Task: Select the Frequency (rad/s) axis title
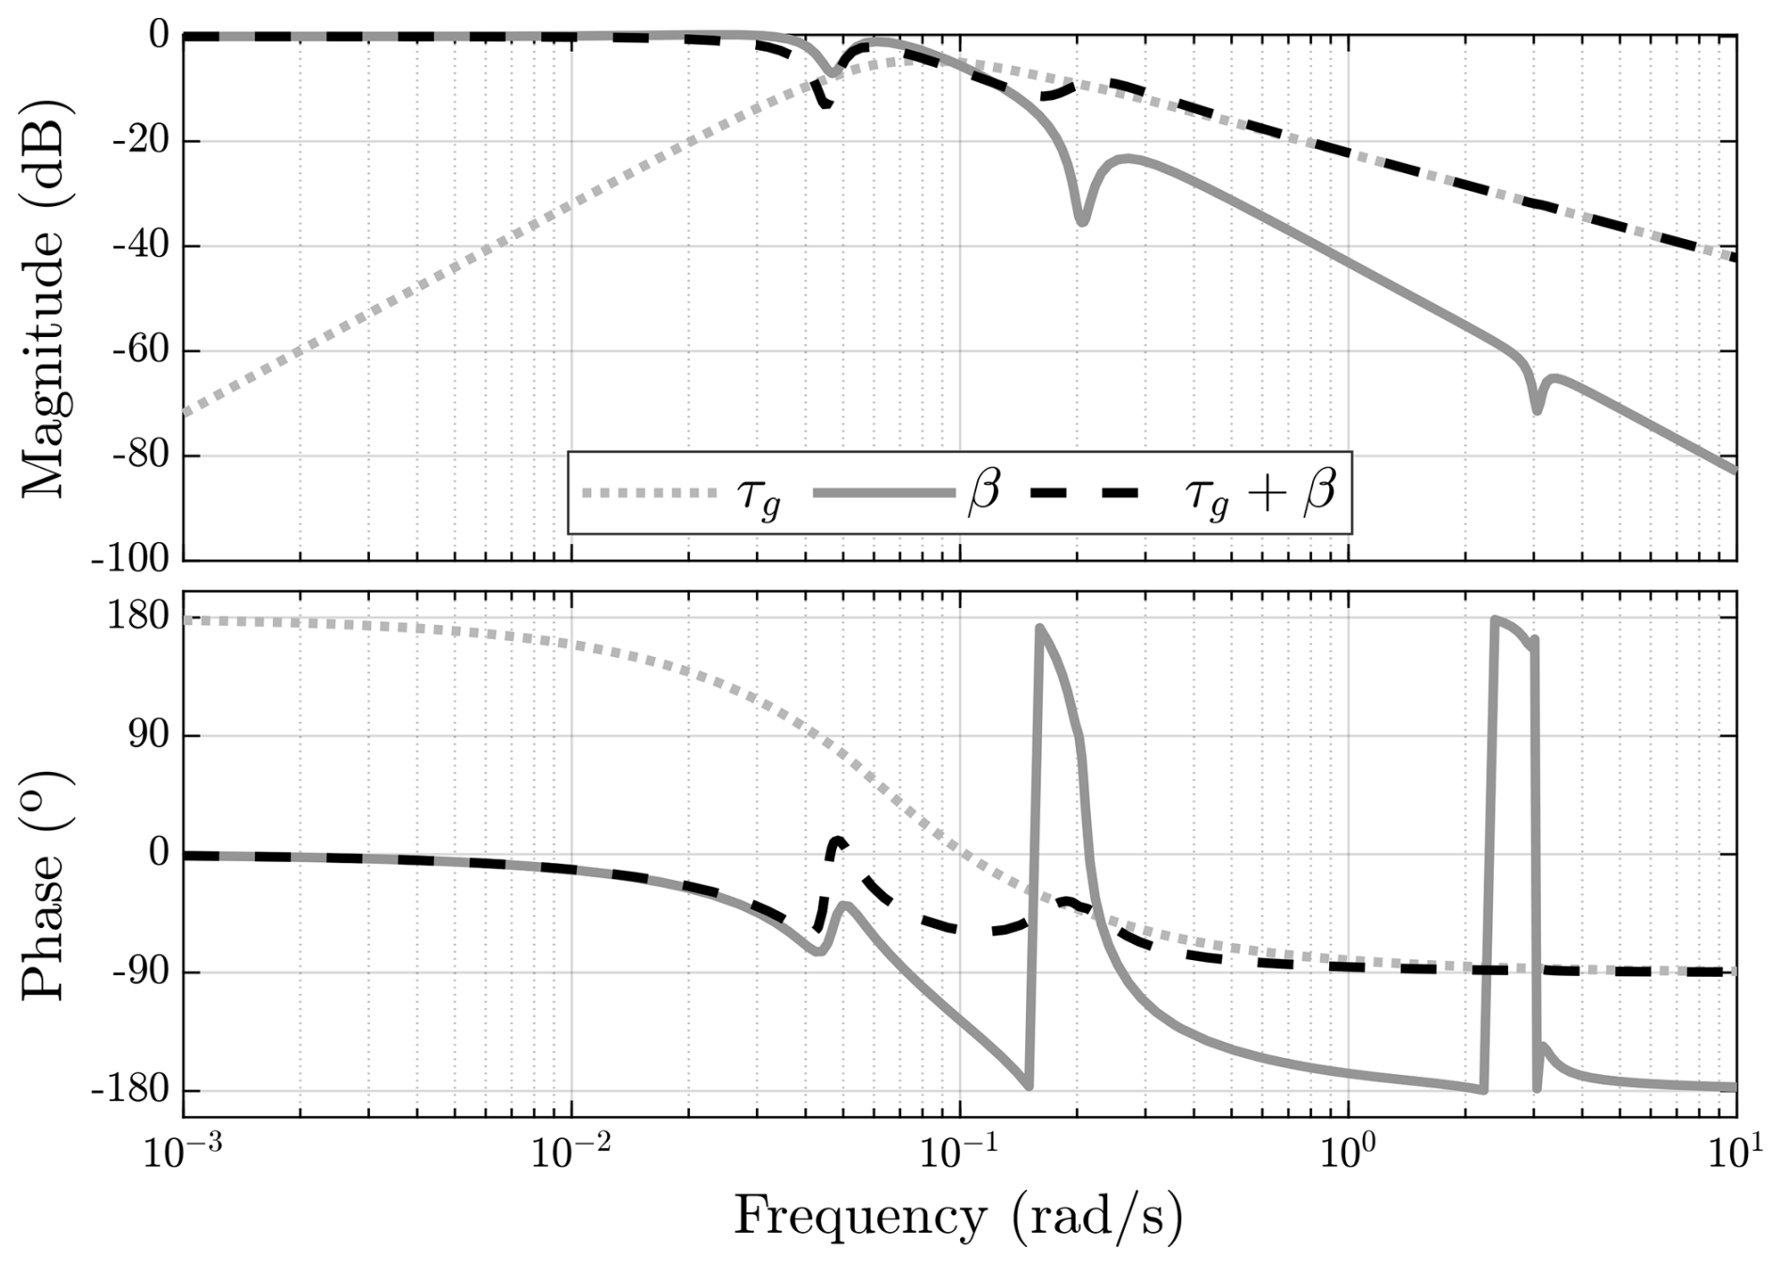(957, 1217)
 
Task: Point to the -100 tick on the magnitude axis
(131, 560)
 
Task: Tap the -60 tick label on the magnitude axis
(139, 351)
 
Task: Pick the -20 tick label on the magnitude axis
(139, 141)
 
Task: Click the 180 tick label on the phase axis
(137, 617)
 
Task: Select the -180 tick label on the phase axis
(131, 1091)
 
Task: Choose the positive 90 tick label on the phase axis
(149, 735)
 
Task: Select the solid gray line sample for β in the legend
(883, 492)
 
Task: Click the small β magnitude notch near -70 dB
(1537, 410)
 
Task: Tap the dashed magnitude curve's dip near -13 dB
(826, 104)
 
